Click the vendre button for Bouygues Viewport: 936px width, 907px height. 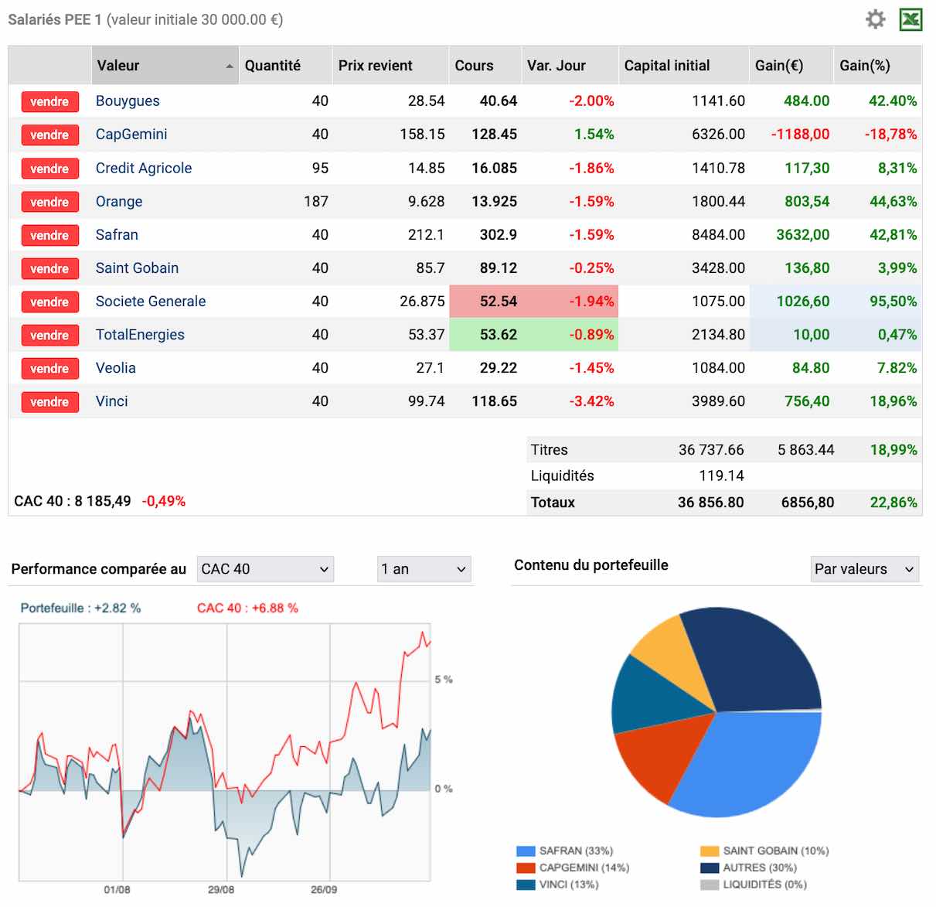pyautogui.click(x=49, y=101)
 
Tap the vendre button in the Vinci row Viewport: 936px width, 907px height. pyautogui.click(x=49, y=402)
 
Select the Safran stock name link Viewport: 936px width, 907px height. pyautogui.click(x=117, y=235)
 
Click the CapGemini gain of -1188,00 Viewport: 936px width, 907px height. pyautogui.click(x=800, y=135)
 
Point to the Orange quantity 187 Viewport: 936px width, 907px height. pyautogui.click(x=316, y=202)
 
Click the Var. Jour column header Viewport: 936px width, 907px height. pyautogui.click(x=556, y=66)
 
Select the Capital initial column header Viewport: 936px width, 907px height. pyautogui.click(x=667, y=66)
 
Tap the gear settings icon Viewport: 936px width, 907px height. pyautogui.click(x=875, y=19)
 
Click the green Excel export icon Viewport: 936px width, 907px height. pyautogui.click(x=910, y=19)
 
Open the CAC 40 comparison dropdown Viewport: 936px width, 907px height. pyautogui.click(x=265, y=569)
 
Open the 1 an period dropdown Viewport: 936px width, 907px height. pyautogui.click(x=424, y=569)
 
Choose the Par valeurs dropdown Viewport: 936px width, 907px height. pyautogui.click(x=864, y=569)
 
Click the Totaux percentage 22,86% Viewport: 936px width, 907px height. pyautogui.click(x=893, y=503)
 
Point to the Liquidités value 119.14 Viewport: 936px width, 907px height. pyautogui.click(x=721, y=476)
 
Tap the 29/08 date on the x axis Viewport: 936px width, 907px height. pyautogui.click(x=221, y=890)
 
